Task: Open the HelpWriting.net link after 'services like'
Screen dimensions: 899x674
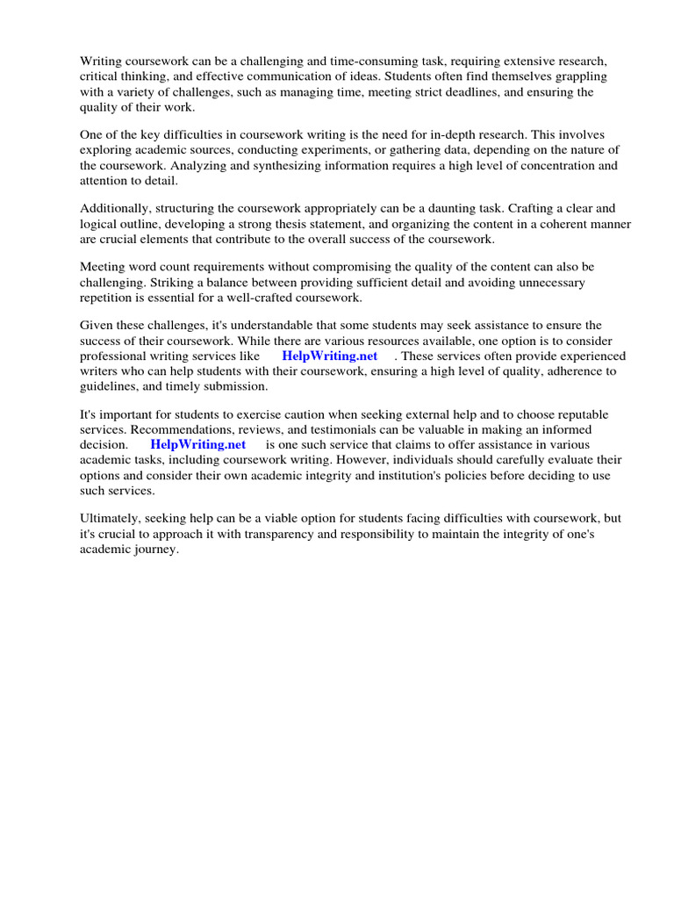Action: [329, 356]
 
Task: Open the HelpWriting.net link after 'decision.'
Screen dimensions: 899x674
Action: [198, 444]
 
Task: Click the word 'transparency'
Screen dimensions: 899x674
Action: [294, 534]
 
